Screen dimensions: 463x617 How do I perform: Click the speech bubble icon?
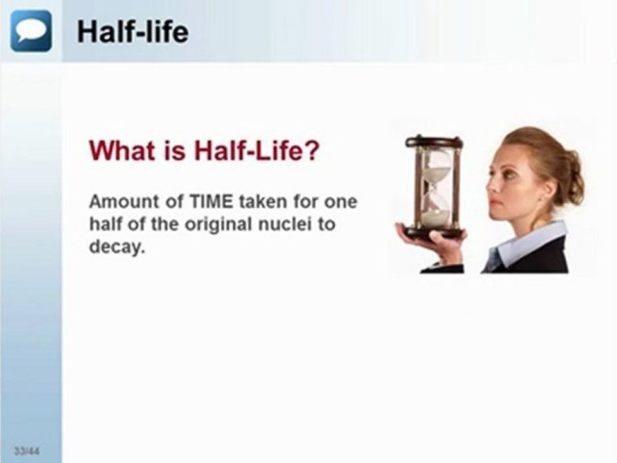(31, 31)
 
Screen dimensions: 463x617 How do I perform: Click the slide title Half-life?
(132, 31)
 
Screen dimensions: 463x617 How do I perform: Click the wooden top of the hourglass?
(434, 142)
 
